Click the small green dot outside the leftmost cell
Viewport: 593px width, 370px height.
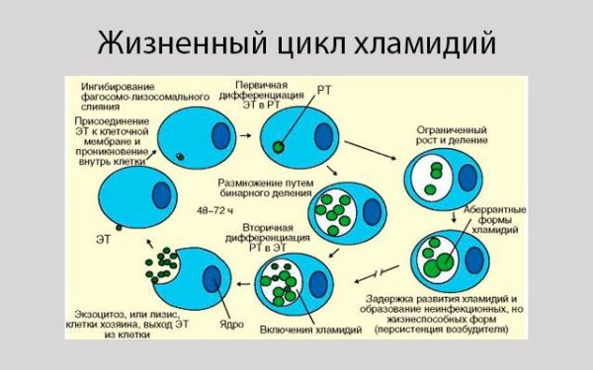[117, 228]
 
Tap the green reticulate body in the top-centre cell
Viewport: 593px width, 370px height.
[280, 146]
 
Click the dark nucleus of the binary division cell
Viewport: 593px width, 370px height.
[372, 211]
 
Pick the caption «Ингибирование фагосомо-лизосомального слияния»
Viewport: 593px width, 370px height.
[144, 96]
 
